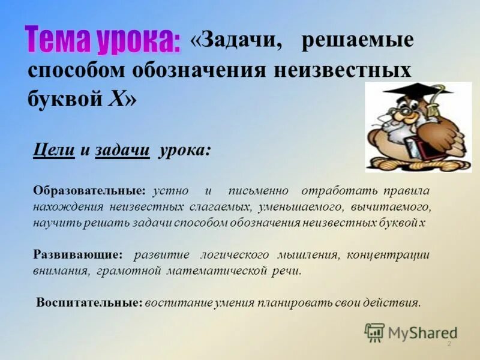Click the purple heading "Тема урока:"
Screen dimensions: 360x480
coord(103,39)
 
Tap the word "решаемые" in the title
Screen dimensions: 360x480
coord(358,41)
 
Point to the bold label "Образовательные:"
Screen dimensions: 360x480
coord(89,191)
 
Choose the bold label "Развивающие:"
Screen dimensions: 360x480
coord(78,254)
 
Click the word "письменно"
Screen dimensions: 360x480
coord(258,191)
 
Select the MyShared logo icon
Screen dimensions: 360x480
coord(374,332)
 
